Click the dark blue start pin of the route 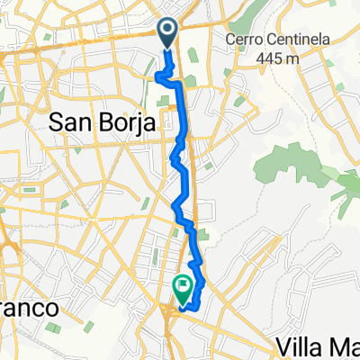[168, 33]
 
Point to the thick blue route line [183, 135]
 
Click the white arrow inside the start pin [168, 31]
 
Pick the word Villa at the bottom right [301, 346]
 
